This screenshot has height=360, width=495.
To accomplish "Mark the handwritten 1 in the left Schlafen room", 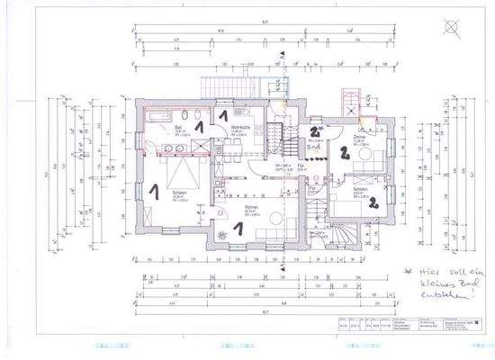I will pos(154,191).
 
